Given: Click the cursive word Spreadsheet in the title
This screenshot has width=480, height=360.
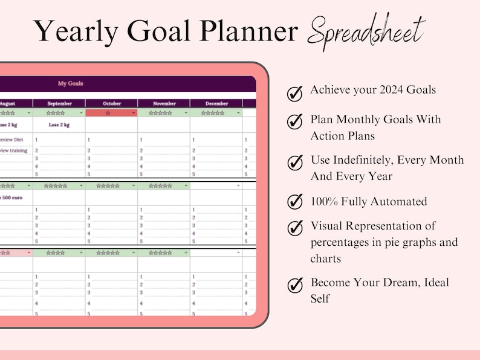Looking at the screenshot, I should pyautogui.click(x=366, y=30).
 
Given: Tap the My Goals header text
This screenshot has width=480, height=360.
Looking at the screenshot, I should pyautogui.click(x=71, y=83).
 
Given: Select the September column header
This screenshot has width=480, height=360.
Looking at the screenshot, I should pyautogui.click(x=59, y=103).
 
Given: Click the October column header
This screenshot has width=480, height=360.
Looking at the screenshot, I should pyautogui.click(x=111, y=103).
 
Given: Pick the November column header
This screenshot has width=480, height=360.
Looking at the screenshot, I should pyautogui.click(x=164, y=103).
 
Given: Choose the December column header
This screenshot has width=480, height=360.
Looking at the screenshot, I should pyautogui.click(x=216, y=103).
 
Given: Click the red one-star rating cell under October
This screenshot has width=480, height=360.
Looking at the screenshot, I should pyautogui.click(x=109, y=112).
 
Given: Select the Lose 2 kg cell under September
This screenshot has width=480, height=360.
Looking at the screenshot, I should pyautogui.click(x=59, y=125).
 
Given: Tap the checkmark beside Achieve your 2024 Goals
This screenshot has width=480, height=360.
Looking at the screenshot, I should pyautogui.click(x=294, y=93).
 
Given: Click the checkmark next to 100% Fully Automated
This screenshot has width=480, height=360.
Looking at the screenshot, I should pyautogui.click(x=294, y=201).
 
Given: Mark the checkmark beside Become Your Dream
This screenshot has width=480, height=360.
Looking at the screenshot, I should pyautogui.click(x=294, y=284).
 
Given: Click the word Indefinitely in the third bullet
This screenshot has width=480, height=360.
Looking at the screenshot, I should pyautogui.click(x=363, y=160).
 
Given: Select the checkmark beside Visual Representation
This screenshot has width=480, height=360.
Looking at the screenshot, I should pyautogui.click(x=294, y=228).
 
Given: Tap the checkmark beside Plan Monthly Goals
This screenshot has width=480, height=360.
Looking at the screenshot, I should pyautogui.click(x=294, y=121).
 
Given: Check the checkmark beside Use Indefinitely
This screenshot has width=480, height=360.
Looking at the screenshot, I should pyautogui.click(x=294, y=162).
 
